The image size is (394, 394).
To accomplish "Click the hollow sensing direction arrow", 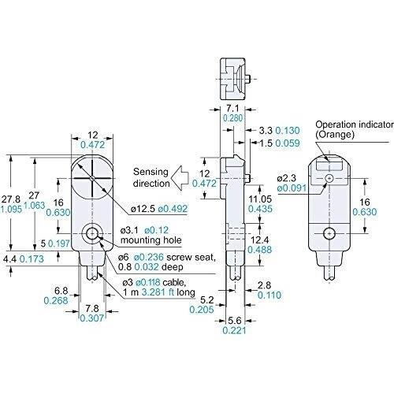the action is pos(180,178).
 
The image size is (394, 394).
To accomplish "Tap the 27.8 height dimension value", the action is pos(10,199).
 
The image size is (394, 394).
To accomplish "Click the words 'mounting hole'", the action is pos(151,240).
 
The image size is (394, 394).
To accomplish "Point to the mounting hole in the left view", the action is pos(92,233).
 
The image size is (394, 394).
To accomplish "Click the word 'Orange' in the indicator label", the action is pos(335,135).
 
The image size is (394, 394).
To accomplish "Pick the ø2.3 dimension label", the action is pos(286,178).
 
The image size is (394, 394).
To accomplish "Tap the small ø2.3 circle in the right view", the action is pos(329,178).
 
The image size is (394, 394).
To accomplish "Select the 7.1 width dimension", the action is pos(232,108).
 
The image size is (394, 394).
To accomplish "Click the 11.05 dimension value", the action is pos(260,199).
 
